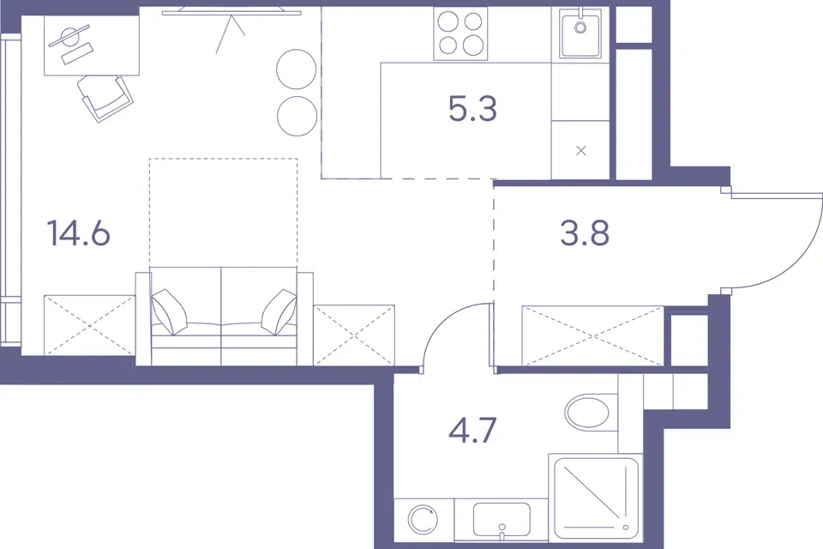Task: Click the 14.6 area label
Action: click(79, 233)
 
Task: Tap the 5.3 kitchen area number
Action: click(472, 109)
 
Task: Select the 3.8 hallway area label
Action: click(585, 233)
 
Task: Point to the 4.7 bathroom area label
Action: click(472, 431)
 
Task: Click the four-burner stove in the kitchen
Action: click(461, 34)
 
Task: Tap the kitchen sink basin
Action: click(580, 33)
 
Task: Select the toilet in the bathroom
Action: click(588, 412)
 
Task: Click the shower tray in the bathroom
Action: click(596, 498)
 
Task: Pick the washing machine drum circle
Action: click(424, 520)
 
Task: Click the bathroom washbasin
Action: click(502, 520)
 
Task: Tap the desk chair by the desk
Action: click(105, 99)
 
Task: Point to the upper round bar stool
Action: click(297, 69)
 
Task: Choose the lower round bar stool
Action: click(297, 116)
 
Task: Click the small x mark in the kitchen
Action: click(580, 151)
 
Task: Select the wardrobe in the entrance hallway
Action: click(593, 335)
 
